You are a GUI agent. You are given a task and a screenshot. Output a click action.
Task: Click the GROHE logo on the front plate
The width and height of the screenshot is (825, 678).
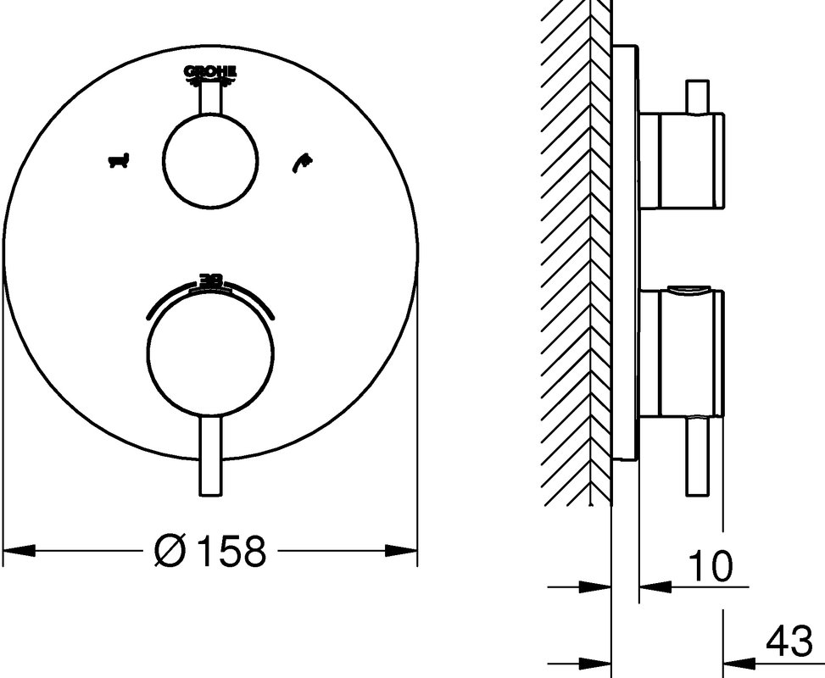[x=210, y=74]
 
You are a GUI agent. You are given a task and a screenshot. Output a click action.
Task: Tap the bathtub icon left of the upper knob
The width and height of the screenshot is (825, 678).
[x=120, y=160]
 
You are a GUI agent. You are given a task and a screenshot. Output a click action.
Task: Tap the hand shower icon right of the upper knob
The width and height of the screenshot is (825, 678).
[x=302, y=162]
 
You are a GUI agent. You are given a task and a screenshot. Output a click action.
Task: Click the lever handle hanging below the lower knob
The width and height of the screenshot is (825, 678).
[x=211, y=454]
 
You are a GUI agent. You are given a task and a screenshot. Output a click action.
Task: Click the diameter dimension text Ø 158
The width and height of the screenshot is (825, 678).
[x=210, y=551]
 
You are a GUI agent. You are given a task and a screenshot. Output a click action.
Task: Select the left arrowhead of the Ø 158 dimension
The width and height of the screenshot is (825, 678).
[x=20, y=551]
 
